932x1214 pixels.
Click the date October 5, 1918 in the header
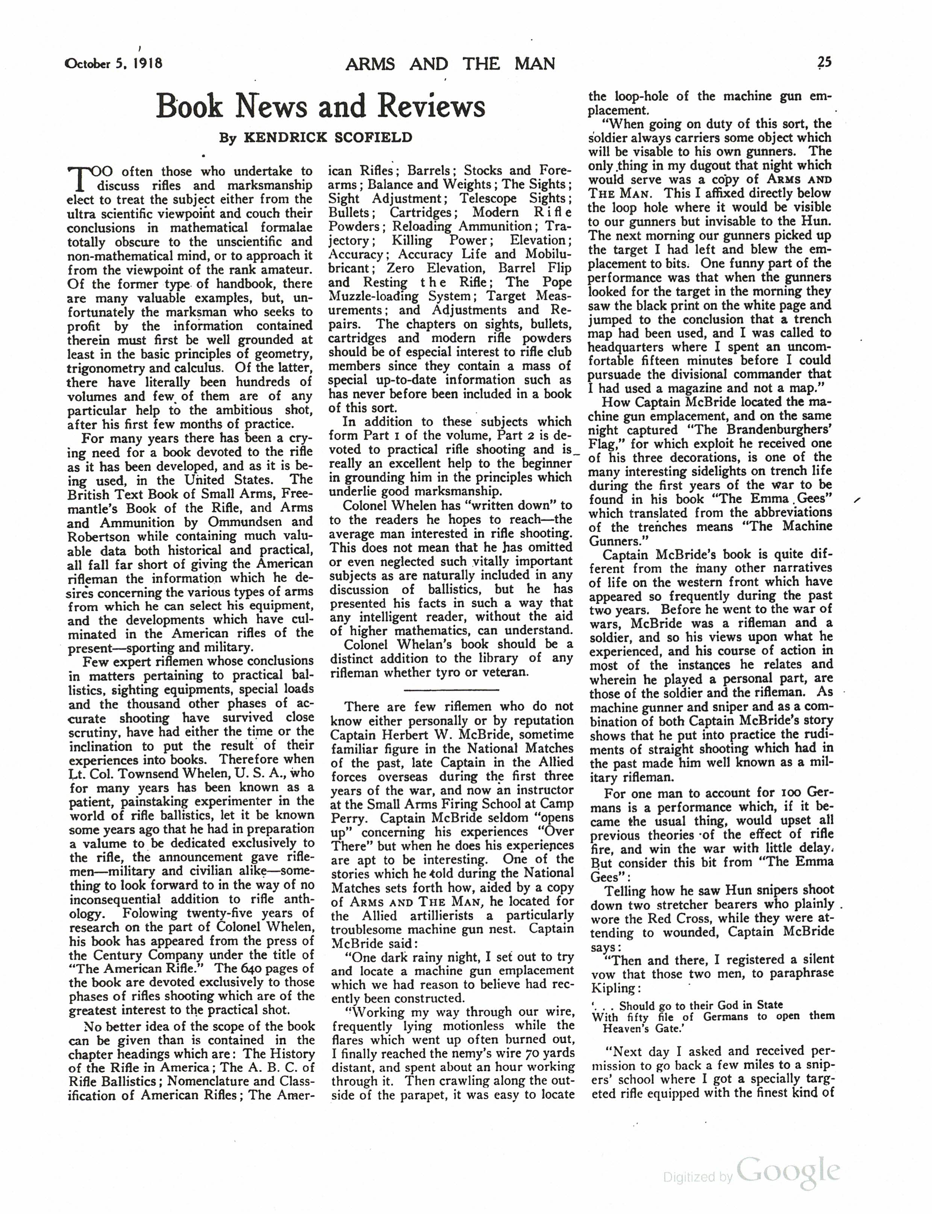click(114, 63)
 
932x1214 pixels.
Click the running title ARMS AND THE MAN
click(450, 64)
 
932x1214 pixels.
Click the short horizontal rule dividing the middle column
click(451, 690)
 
